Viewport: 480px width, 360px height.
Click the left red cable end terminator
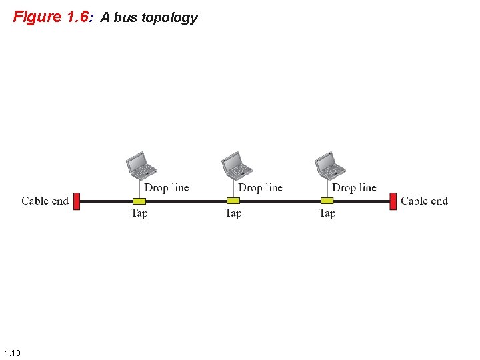77,201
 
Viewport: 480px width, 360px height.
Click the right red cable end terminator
393,201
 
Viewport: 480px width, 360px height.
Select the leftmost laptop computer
141,165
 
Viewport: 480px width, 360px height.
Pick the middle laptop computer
235,165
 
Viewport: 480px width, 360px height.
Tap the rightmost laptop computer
329,165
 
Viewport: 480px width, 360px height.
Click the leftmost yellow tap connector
139,201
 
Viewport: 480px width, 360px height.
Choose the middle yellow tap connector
233,201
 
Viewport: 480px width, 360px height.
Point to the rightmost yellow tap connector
327,201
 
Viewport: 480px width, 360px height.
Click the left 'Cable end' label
45,201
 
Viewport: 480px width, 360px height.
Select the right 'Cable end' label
424,201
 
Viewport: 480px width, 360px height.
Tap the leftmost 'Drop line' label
167,188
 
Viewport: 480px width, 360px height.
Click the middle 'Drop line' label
260,188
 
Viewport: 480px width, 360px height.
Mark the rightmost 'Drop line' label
354,188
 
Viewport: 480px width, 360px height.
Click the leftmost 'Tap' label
139,213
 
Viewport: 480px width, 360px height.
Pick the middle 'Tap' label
233,213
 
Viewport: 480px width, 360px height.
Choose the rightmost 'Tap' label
327,213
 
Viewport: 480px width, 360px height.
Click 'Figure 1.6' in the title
51,17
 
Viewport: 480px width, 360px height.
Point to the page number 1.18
12,353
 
